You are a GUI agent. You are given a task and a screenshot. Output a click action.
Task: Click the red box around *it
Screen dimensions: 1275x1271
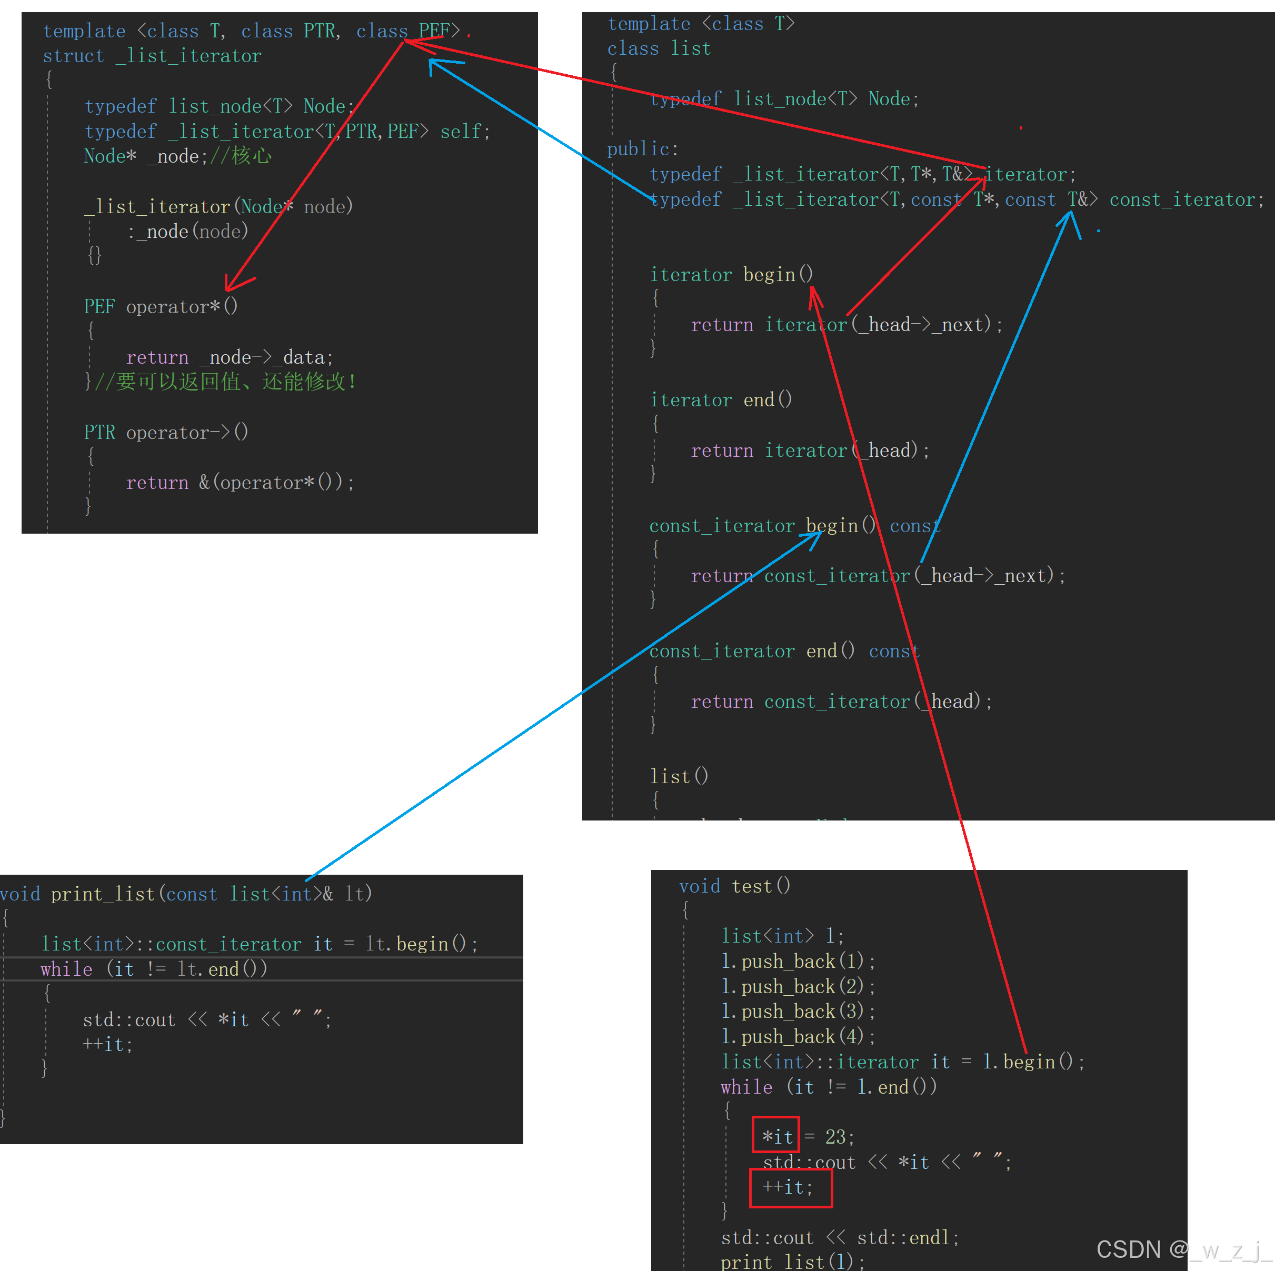(x=776, y=1134)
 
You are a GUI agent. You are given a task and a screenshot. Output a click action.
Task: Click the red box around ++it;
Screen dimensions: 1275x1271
(x=791, y=1188)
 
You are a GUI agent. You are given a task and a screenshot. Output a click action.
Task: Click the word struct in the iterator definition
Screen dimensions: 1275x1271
(x=73, y=56)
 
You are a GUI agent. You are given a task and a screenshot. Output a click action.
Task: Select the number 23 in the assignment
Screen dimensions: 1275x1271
(x=835, y=1136)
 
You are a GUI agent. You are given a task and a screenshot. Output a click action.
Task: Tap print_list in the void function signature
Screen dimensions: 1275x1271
(x=102, y=894)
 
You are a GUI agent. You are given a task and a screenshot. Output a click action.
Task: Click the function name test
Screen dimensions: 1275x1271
(x=752, y=886)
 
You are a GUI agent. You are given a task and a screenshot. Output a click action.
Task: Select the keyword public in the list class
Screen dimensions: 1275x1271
(x=638, y=149)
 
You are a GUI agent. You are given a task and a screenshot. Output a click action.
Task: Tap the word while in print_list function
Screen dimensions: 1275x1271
(x=66, y=969)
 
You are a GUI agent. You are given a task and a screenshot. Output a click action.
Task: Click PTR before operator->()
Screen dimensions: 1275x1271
(x=99, y=432)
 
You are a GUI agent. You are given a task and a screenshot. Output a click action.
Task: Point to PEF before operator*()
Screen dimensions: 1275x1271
(x=99, y=307)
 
